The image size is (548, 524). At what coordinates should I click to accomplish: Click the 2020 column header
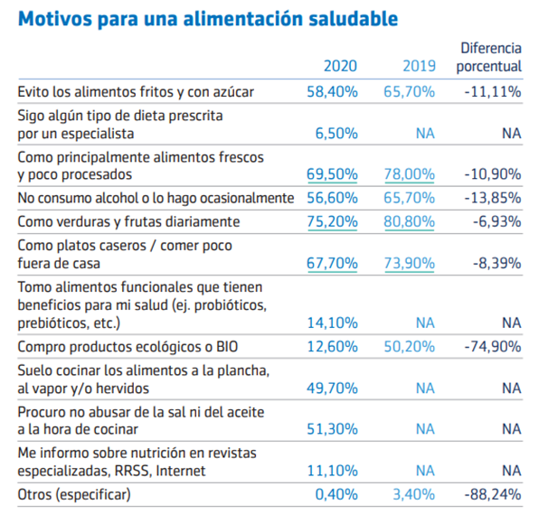pyautogui.click(x=341, y=66)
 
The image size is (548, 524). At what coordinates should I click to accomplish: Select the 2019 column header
pyautogui.click(x=420, y=66)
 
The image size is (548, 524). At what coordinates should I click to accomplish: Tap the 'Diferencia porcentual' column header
pyautogui.click(x=491, y=57)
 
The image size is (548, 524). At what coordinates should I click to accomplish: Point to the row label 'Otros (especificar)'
pyautogui.click(x=74, y=494)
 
